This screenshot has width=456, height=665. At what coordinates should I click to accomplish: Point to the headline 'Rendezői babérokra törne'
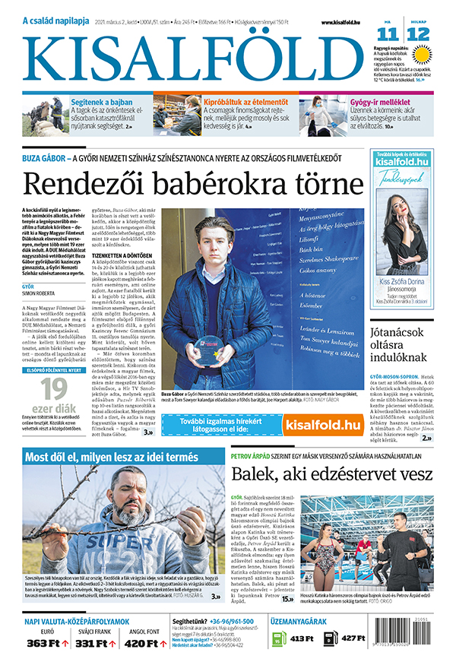tap(182, 184)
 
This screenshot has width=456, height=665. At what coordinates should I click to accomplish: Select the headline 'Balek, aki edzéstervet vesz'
tap(332, 474)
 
